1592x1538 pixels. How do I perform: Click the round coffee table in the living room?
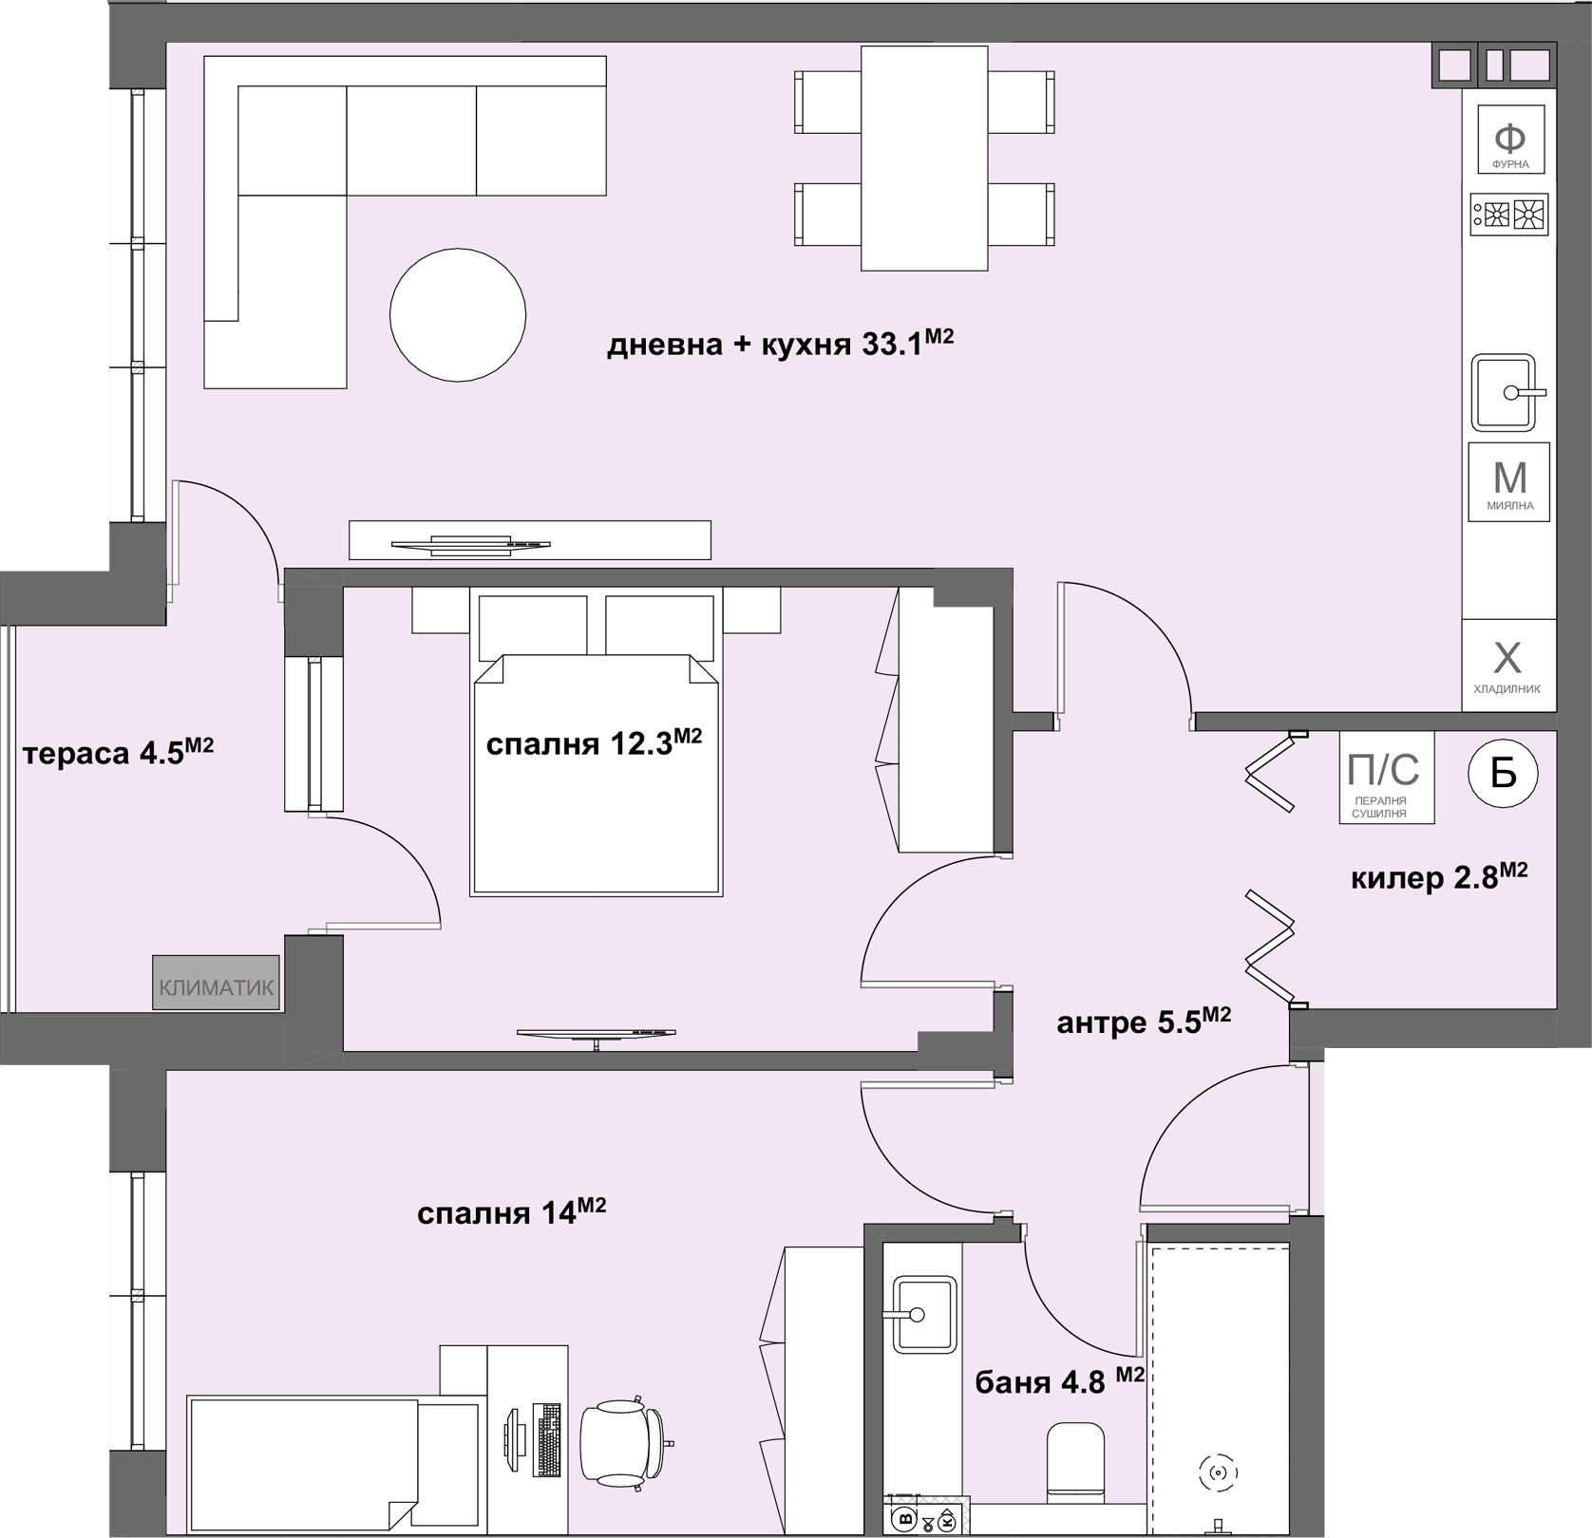coord(458,315)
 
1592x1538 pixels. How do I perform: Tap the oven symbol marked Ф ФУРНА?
coord(1510,140)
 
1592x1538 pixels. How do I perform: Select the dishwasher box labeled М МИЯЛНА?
coord(1509,481)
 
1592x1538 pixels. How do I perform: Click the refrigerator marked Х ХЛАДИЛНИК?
coord(1508,666)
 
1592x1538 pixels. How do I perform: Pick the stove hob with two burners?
coord(1509,216)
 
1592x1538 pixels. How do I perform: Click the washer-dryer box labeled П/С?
coord(1387,778)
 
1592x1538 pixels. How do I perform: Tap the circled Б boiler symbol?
coord(1504,774)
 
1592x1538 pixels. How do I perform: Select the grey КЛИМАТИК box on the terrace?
coord(217,982)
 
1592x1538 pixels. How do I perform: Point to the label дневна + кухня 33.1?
coord(780,343)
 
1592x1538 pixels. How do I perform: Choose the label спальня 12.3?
coord(594,742)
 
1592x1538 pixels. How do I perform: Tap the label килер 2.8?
coord(1439,877)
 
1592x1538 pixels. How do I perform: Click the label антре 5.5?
coord(1144,1022)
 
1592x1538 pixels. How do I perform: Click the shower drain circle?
coord(1219,1473)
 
